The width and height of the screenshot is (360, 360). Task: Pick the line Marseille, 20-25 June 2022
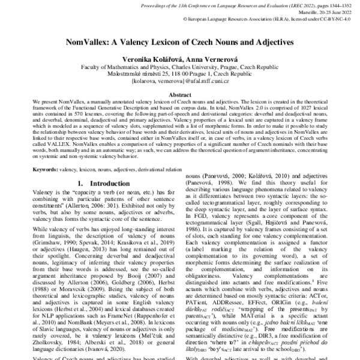(322, 11)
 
